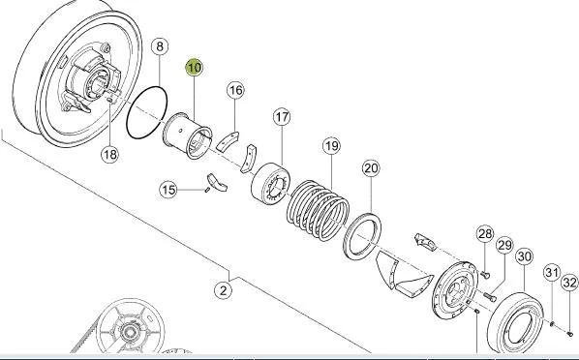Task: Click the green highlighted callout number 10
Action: (194, 68)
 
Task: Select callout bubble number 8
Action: (160, 46)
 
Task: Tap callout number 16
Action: (235, 90)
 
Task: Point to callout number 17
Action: (282, 117)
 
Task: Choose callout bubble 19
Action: (331, 146)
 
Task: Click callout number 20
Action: (371, 168)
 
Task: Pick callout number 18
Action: (110, 154)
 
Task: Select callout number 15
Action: (168, 190)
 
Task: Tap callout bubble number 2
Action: (223, 290)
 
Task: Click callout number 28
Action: (485, 234)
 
